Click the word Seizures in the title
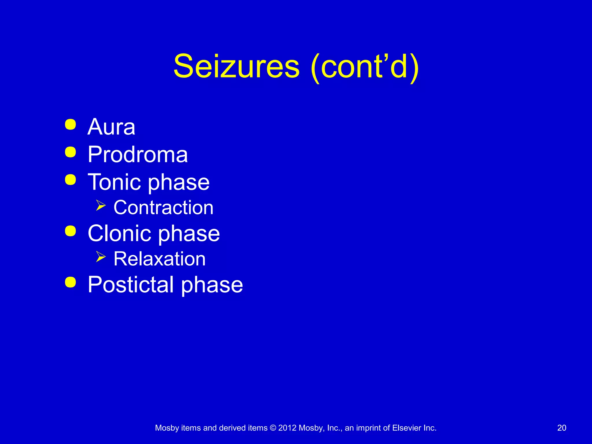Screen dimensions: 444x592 (236, 67)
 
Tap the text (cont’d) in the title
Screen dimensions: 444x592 (365, 67)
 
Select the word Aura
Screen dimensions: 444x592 (111, 127)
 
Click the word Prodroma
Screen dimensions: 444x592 (138, 154)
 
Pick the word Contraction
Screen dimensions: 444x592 (163, 208)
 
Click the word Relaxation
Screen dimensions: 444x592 (160, 259)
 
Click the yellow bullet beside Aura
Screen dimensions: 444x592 (71, 125)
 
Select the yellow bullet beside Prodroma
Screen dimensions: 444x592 (71, 152)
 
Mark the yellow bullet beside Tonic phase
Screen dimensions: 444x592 (71, 180)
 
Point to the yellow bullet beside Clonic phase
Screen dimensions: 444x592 (71, 231)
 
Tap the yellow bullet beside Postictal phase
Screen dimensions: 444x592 (71, 282)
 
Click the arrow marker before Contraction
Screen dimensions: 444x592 (101, 205)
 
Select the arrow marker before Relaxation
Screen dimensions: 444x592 (101, 256)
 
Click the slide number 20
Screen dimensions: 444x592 (562, 428)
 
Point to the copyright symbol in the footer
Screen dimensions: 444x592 (273, 428)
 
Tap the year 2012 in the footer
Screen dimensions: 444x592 (287, 428)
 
